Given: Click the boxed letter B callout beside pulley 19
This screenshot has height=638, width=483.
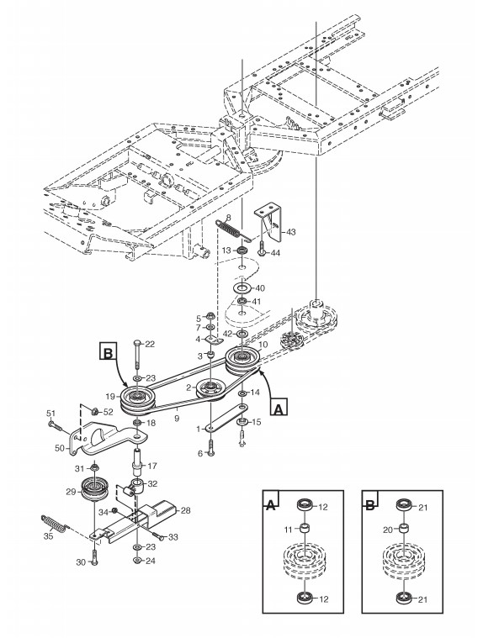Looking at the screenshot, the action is (x=108, y=353).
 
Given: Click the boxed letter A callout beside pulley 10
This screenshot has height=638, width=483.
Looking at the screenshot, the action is (x=279, y=407).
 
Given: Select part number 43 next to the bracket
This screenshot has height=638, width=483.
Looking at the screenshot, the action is (x=291, y=232).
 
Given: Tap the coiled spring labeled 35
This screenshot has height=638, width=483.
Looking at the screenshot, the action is (x=53, y=523).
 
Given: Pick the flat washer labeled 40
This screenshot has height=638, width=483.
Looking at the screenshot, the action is (x=242, y=288).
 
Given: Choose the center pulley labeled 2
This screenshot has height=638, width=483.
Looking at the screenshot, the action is (x=210, y=390).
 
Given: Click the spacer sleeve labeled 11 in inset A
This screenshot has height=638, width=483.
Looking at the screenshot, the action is (x=304, y=530).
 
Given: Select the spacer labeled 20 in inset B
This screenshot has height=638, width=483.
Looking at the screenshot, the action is (x=403, y=529).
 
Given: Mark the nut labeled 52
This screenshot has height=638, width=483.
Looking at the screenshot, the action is (x=94, y=411).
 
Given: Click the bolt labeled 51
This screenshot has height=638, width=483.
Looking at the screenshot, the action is (x=55, y=425).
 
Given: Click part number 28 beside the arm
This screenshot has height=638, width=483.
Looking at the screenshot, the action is (x=185, y=510).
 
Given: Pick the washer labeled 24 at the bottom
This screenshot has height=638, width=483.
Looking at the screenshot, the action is (x=137, y=561).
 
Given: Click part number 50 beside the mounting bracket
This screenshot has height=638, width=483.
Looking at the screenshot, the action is (x=60, y=448).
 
